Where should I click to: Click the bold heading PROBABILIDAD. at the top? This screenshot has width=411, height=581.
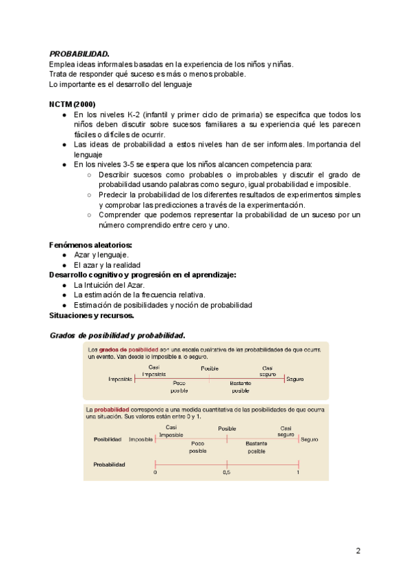79,53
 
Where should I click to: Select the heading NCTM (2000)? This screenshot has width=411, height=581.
72,103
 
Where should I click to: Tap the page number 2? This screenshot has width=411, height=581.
358,550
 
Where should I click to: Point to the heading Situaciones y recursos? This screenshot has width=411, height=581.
92,315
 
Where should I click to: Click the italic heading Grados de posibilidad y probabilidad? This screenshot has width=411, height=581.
117,336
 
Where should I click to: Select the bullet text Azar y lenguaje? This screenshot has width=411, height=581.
101,255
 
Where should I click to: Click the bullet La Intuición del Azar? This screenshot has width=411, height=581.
110,285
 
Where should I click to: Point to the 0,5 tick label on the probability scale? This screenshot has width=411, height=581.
227,473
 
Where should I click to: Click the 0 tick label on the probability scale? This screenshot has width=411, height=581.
155,473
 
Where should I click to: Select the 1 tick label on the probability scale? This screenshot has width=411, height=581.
299,473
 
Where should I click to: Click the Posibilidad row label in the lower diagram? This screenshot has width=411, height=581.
108,439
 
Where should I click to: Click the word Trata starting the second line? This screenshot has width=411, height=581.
58,74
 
